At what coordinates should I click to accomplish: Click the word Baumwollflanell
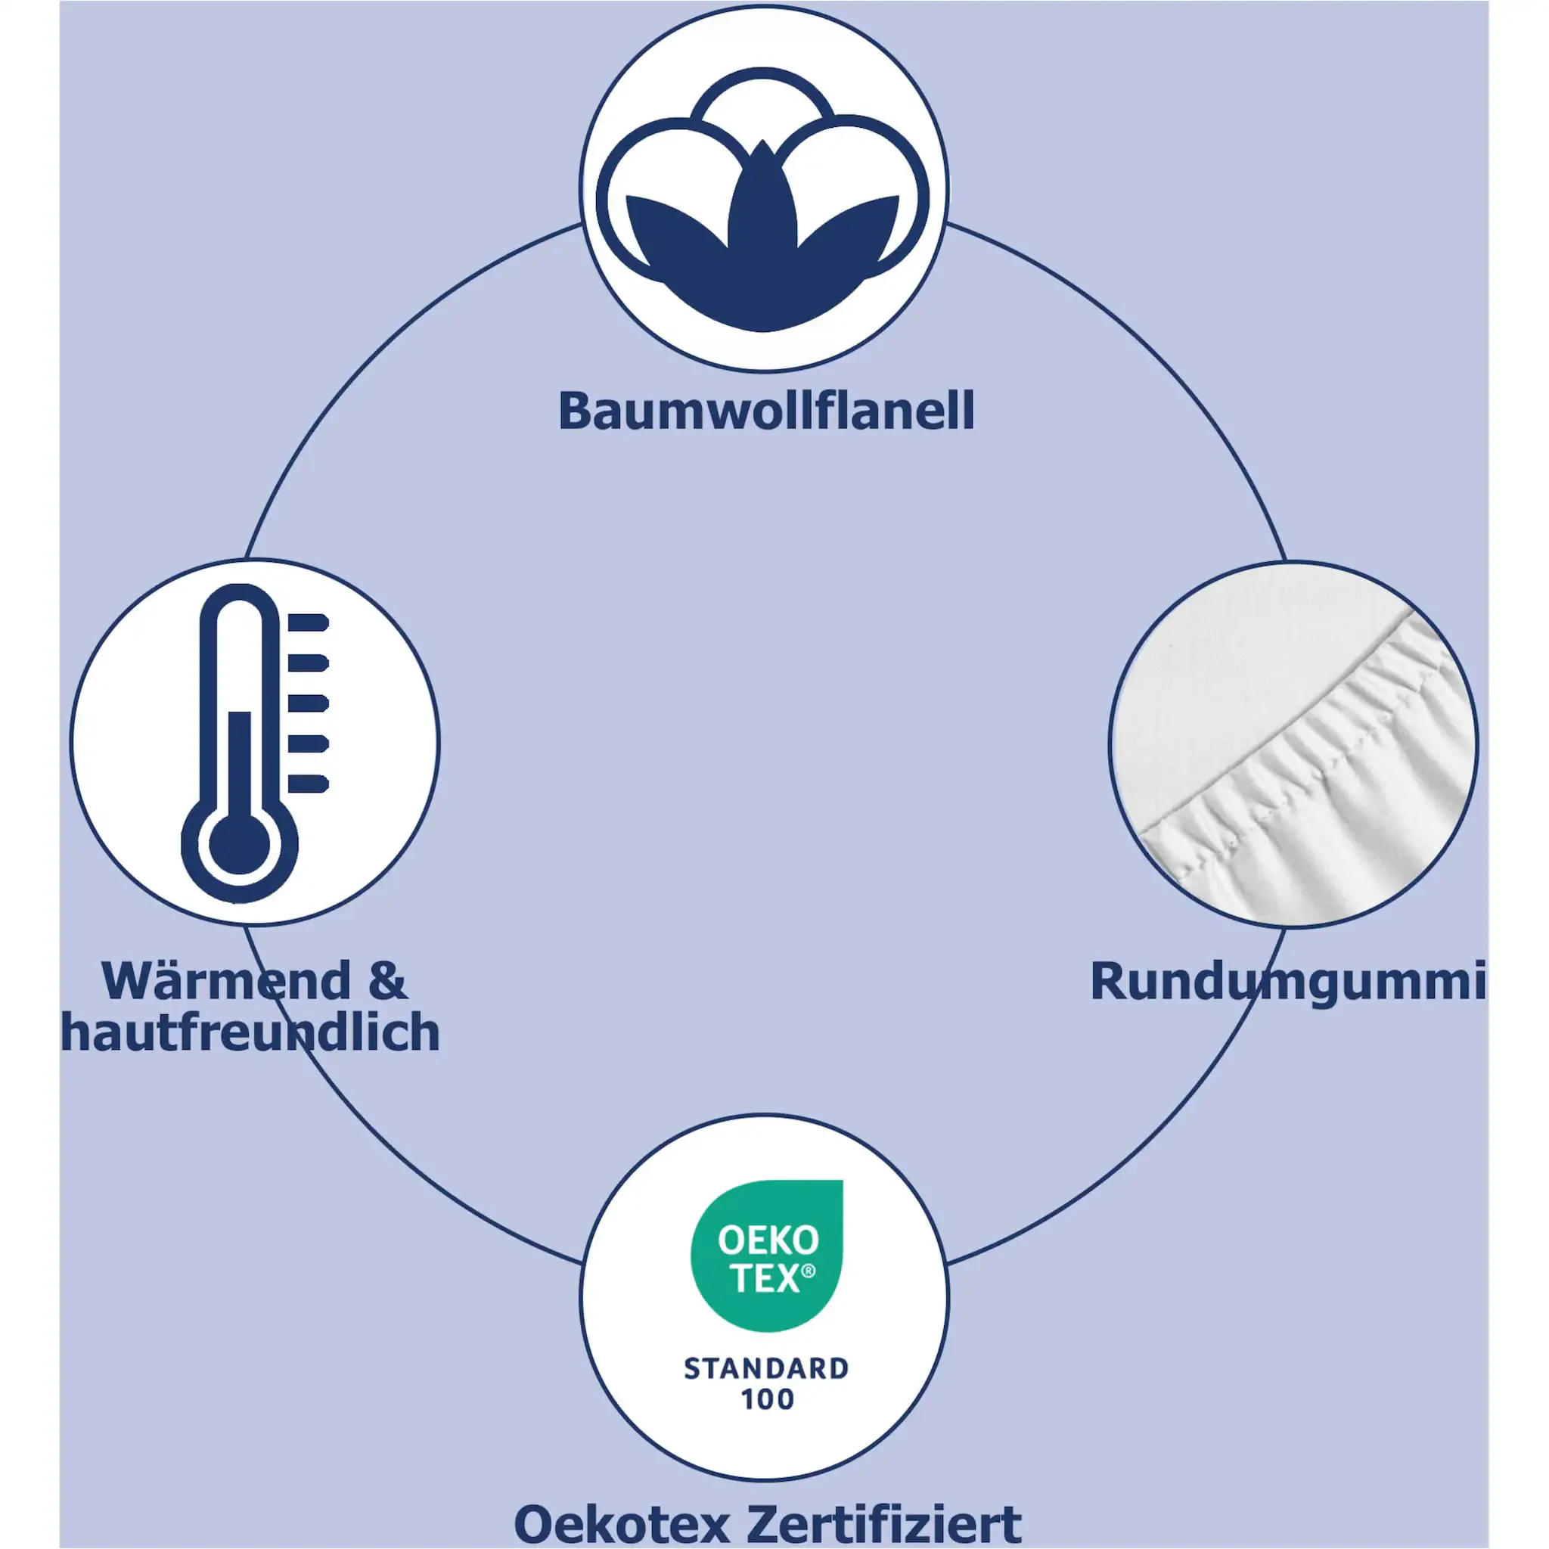[x=765, y=412]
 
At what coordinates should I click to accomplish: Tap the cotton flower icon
[x=763, y=200]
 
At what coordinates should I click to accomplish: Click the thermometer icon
[x=249, y=742]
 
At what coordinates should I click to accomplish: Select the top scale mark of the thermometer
[x=308, y=623]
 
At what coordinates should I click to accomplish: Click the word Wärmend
[x=227, y=980]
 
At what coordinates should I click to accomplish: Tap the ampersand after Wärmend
[x=388, y=980]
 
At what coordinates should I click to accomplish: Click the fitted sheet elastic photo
[x=1293, y=744]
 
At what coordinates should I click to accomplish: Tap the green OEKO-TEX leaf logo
[x=766, y=1254]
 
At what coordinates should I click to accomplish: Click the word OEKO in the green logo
[x=767, y=1241]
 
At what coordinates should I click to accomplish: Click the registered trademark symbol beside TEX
[x=809, y=1271]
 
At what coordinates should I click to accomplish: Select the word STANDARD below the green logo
[x=765, y=1368]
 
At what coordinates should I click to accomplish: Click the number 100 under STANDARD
[x=766, y=1400]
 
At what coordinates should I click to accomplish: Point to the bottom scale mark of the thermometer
[x=308, y=784]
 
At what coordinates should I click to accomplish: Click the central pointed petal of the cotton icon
[x=763, y=200]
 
